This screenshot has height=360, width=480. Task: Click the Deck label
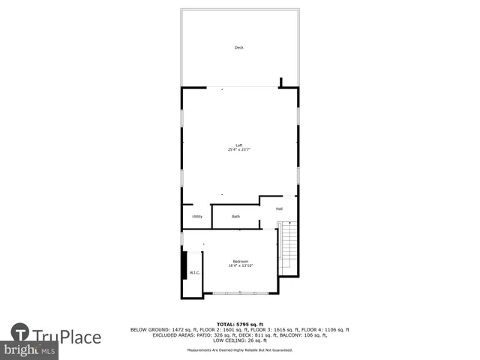239,48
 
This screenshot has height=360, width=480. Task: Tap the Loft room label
239,145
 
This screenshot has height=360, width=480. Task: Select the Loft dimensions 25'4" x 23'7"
239,150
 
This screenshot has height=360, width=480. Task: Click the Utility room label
197,217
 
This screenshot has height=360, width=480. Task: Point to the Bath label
235,217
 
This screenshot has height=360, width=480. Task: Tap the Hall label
279,208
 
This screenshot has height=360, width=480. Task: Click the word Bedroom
241,261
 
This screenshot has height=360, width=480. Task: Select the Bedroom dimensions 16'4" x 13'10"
241,265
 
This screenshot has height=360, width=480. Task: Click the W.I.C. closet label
193,273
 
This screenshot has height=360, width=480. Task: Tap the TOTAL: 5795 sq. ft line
239,324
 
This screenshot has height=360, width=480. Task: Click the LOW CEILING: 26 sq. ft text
239,340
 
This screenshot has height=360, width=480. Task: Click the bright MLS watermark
30,350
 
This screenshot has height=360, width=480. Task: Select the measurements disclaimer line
239,350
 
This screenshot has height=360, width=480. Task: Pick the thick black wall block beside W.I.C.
184,264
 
